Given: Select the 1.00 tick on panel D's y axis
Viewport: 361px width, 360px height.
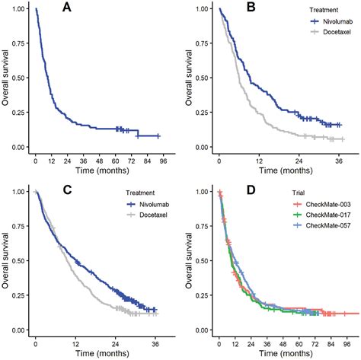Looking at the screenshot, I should click(x=203, y=191).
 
